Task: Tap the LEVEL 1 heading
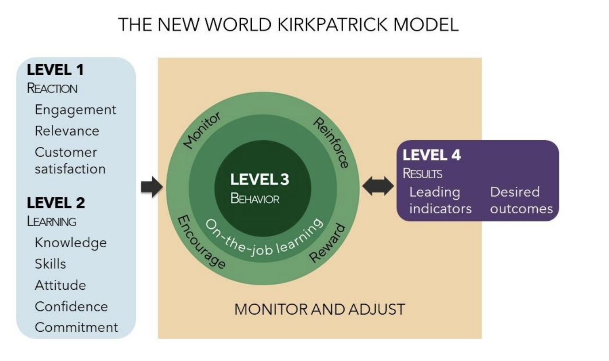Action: point(55,69)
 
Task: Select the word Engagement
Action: point(76,109)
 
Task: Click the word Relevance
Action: point(67,131)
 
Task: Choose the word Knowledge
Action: point(71,242)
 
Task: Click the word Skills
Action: point(50,264)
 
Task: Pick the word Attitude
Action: point(60,285)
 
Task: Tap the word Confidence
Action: point(71,306)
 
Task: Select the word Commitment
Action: point(77,327)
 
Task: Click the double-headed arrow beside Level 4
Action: point(378,186)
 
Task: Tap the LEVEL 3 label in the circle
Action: point(260,180)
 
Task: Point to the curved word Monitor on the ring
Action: point(202,129)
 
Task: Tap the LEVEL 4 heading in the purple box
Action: point(432,155)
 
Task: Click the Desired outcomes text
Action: point(521,200)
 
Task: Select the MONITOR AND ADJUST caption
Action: point(320,309)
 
